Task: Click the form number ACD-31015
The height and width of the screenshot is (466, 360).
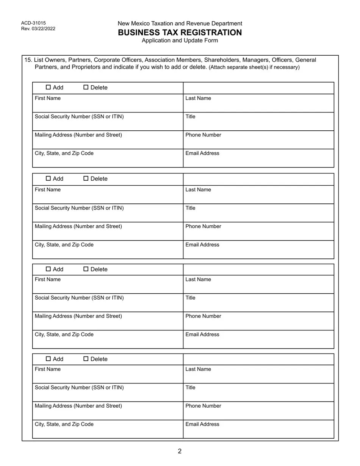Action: (33, 23)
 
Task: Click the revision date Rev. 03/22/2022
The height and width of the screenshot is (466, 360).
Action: (38, 29)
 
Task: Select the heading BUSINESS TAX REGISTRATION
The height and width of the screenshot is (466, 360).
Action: (180, 33)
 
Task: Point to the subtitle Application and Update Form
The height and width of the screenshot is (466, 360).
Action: (180, 41)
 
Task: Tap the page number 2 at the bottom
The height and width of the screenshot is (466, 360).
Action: (180, 451)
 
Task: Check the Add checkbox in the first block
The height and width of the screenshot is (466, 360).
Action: (48, 88)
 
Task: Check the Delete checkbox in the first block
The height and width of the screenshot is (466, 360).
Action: (86, 88)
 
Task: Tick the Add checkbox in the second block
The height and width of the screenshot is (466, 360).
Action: (48, 179)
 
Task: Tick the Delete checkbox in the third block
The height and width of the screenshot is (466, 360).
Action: (86, 269)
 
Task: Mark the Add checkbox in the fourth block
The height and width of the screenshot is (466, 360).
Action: (48, 359)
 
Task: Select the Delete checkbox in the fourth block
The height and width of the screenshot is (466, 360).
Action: (86, 359)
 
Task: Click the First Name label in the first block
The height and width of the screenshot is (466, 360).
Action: (47, 99)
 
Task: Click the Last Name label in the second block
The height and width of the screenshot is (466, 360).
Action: (198, 190)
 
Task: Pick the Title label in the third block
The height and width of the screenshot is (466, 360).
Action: (190, 298)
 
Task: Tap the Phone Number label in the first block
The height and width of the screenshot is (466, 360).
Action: (203, 135)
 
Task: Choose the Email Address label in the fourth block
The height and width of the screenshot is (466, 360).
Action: (202, 424)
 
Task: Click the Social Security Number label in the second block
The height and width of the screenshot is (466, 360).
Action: (79, 208)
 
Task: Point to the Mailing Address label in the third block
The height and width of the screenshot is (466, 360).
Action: (78, 316)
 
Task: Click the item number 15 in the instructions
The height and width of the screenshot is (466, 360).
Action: (28, 60)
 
